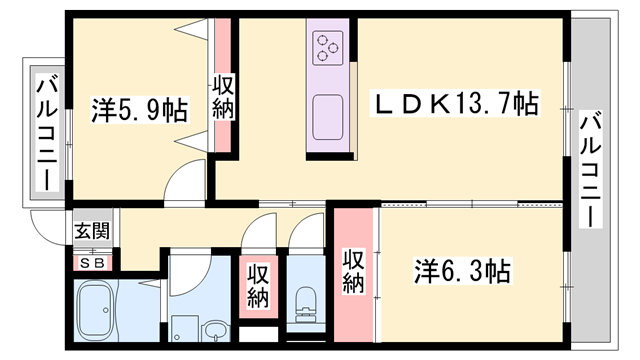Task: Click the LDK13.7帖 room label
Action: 455,104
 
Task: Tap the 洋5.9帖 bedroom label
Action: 139,110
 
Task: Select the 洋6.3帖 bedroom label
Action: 462,271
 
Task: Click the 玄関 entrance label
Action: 92,231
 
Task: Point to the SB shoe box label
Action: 92,263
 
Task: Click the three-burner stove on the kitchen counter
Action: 328,48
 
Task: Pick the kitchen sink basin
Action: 328,118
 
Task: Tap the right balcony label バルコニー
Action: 591,169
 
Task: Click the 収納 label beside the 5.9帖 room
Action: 223,98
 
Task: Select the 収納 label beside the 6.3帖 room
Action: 353,272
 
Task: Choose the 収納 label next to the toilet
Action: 258,287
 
